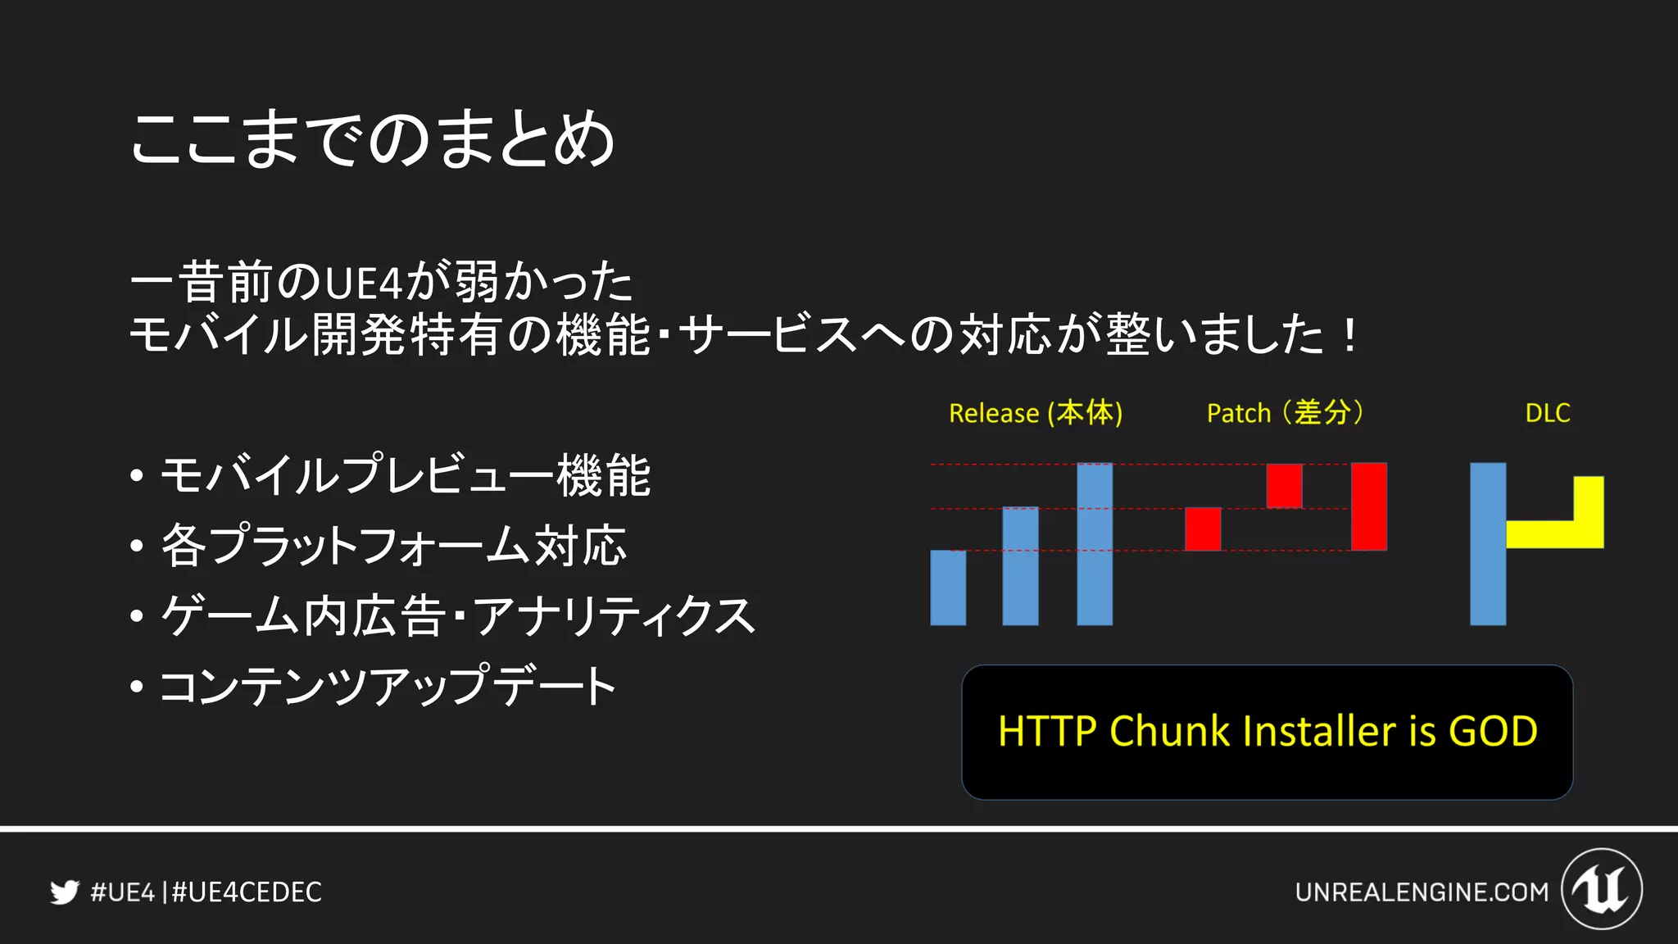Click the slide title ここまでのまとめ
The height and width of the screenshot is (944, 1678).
[373, 139]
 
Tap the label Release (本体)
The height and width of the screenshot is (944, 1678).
[1035, 413]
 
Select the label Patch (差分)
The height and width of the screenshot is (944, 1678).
[1285, 413]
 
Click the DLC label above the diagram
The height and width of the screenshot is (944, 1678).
[1547, 413]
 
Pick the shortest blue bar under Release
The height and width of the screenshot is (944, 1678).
[948, 588]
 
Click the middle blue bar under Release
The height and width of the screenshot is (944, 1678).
[1020, 566]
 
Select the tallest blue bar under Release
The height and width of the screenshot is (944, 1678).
[1095, 544]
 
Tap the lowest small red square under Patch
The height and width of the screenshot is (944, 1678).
[1203, 529]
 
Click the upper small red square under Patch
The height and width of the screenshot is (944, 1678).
[1284, 486]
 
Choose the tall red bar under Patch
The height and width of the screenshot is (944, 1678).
[1368, 506]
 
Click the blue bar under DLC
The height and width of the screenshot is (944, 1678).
[1487, 544]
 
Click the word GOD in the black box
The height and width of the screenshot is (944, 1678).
[1493, 731]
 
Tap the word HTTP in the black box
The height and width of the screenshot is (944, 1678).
[1046, 731]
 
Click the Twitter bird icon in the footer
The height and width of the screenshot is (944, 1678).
[64, 892]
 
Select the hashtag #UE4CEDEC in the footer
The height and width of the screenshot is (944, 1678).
[247, 892]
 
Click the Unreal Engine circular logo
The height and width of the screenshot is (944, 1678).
[1601, 889]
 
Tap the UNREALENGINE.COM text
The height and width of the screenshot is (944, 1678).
[1422, 892]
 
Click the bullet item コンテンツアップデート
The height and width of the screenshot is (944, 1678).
[388, 686]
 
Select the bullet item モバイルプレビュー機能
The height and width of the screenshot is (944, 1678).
[405, 475]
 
